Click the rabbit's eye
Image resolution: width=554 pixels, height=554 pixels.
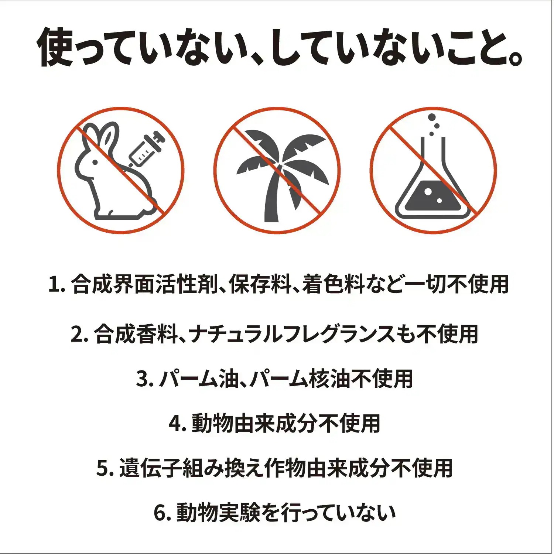[x=95, y=162]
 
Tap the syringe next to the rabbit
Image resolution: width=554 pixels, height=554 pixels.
[x=145, y=150]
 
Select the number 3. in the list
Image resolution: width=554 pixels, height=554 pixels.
[x=144, y=379]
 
